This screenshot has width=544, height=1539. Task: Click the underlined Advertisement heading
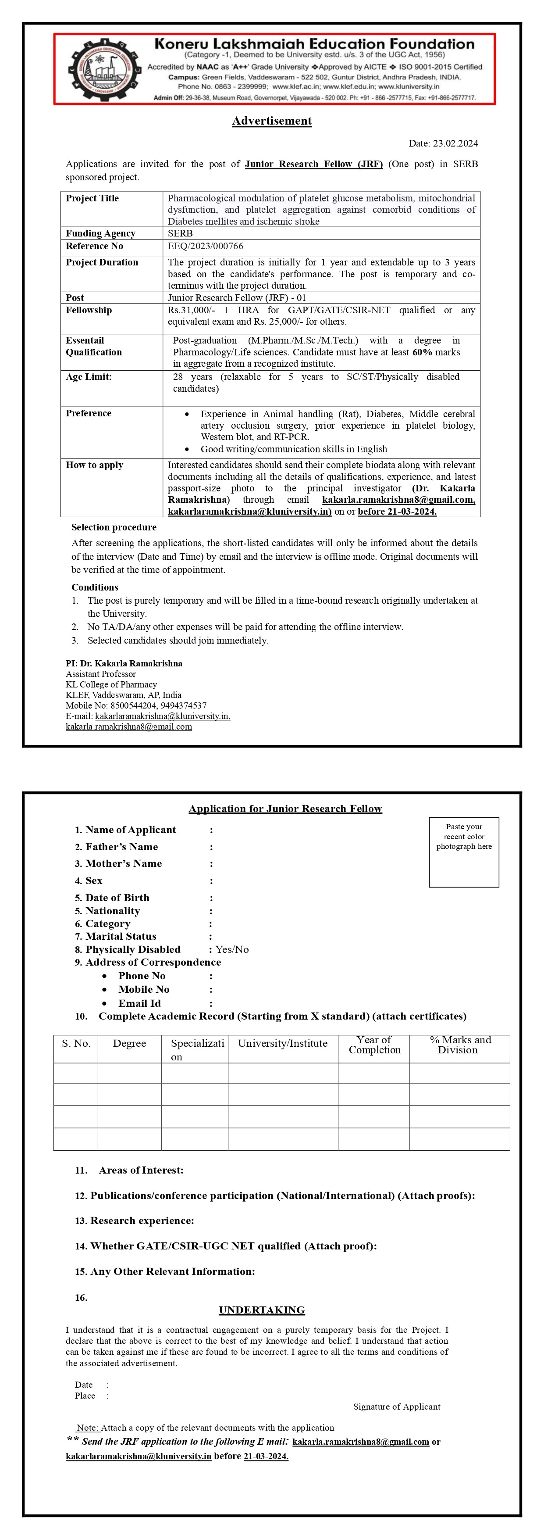point(272,121)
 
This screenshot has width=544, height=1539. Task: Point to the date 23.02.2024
point(455,143)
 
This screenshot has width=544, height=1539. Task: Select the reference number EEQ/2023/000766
point(206,246)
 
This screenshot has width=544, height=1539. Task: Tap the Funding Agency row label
point(100,233)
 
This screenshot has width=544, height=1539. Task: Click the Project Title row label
point(92,198)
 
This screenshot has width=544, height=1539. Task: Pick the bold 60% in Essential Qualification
point(422,352)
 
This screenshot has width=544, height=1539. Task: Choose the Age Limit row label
point(89,377)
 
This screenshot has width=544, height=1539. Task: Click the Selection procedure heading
point(114,527)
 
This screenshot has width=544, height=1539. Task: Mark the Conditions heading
point(94,587)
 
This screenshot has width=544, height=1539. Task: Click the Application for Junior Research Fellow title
point(285,809)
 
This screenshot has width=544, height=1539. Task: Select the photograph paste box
point(463,852)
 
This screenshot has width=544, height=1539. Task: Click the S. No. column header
point(76,1044)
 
